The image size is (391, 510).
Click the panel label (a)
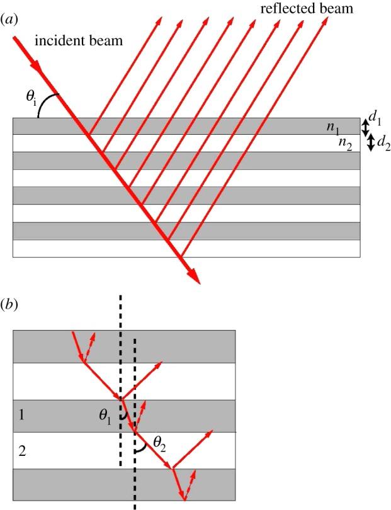tap(9, 20)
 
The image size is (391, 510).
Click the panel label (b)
tap(9, 306)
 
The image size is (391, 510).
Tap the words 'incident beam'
tap(88, 41)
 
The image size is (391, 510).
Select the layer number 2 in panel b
tap(22, 451)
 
